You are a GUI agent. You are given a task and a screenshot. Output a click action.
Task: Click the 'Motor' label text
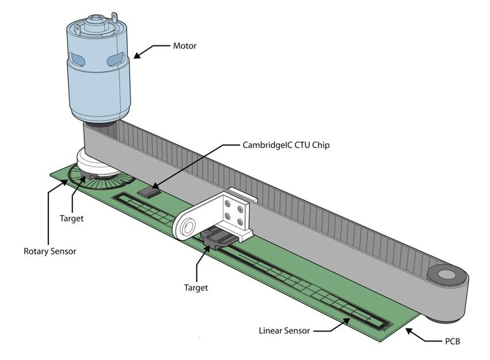[185, 46]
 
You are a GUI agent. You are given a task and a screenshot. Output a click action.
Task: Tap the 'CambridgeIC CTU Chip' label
[286, 145]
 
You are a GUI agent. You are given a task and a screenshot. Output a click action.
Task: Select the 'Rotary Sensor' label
[50, 251]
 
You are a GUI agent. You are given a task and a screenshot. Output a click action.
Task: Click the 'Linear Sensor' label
[284, 331]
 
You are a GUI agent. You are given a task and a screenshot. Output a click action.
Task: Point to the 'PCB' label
[452, 342]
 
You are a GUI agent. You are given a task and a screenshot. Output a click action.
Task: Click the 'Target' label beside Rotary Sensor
[71, 218]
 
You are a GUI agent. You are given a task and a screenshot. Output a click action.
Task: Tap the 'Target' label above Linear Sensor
[196, 288]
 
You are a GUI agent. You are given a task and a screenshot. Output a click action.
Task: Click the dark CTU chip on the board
[149, 192]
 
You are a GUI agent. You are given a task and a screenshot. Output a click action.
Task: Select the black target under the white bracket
[217, 238]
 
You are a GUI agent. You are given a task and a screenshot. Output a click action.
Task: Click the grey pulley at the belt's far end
[447, 275]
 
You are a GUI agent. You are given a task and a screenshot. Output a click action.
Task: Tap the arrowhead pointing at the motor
[138, 55]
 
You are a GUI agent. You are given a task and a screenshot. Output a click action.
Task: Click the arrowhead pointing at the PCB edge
[410, 331]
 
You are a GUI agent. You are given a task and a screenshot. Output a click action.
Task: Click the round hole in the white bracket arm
[188, 226]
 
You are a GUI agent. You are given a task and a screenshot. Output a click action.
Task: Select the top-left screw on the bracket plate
[228, 204]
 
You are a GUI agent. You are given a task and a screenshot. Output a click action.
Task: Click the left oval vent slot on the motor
[77, 59]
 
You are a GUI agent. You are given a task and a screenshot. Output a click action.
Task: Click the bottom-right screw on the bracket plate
[240, 222]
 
